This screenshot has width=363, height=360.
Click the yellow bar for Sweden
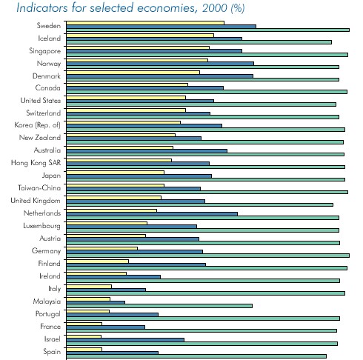coord(145,23)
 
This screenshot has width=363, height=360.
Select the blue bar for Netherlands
coord(152,214)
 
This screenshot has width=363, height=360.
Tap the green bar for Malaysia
coord(159,306)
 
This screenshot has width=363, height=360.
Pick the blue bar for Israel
coord(125,340)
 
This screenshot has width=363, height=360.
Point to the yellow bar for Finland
coord(97,261)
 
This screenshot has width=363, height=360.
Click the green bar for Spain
coord(196,356)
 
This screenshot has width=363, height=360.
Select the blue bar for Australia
coord(147,151)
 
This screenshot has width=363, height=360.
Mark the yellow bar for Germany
coord(101,248)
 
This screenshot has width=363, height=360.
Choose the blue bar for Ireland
coord(113,277)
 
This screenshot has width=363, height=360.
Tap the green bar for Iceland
coord(199,42)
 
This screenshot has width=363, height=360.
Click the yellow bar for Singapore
coord(138,47)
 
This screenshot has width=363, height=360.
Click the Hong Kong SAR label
coord(36,163)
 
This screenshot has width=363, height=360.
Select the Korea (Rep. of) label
coord(37,125)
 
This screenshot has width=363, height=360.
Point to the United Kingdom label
coord(36,201)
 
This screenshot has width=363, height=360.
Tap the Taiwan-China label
coord(39,188)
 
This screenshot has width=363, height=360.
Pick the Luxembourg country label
coord(41,226)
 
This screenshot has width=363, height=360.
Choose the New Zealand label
coord(40,138)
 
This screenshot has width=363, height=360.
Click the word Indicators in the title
coord(42,7)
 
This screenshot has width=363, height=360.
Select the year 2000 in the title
coord(215,8)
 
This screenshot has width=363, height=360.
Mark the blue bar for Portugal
coord(112,315)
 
